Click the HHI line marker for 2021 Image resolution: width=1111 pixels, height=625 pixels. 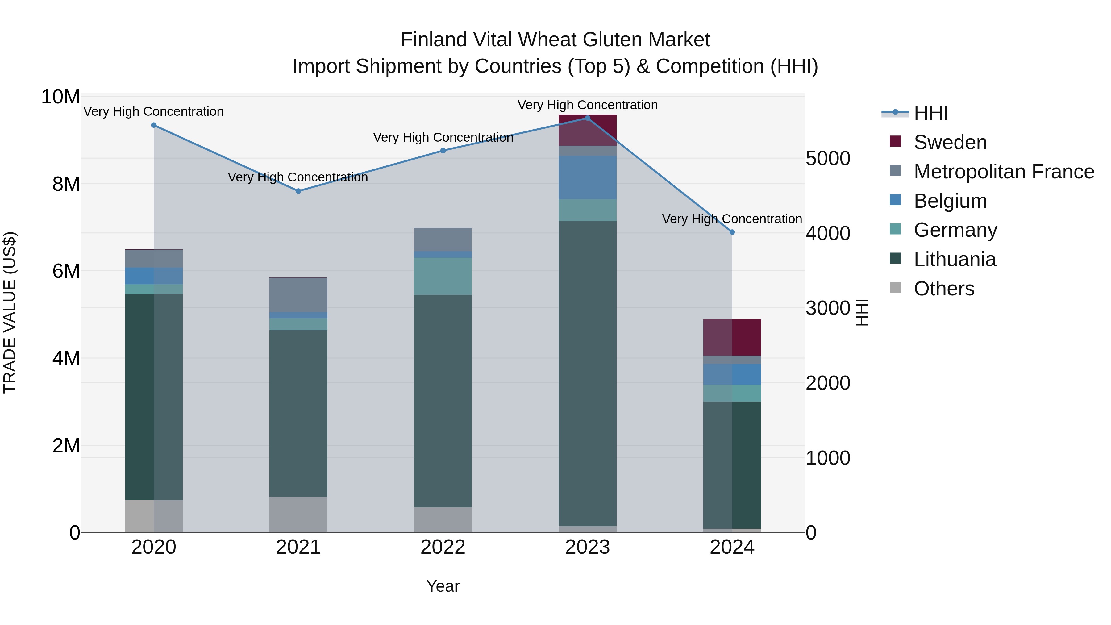click(x=298, y=191)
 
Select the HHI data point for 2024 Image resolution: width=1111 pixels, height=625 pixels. click(x=732, y=232)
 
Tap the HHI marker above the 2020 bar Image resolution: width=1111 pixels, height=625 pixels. click(x=154, y=125)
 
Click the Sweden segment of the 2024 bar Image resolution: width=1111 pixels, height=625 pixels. click(x=732, y=337)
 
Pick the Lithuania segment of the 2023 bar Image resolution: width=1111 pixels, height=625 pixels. click(x=587, y=373)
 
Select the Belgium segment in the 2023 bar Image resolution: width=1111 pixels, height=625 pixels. click(x=587, y=177)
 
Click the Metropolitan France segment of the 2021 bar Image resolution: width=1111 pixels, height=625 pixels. click(x=298, y=295)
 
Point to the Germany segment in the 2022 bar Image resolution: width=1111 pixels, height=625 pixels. click(x=443, y=276)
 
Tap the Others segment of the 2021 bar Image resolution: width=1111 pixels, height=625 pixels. click(x=298, y=514)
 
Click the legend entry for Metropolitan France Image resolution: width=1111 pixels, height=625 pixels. click(x=1003, y=172)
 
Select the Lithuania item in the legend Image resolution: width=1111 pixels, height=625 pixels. click(x=955, y=259)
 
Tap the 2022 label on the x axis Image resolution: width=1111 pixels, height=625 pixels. click(x=443, y=547)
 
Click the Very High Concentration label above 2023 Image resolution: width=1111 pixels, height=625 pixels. click(x=587, y=105)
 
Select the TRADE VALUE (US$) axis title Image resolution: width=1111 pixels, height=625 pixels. click(x=10, y=312)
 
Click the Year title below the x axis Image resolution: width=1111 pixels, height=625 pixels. click(x=443, y=586)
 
